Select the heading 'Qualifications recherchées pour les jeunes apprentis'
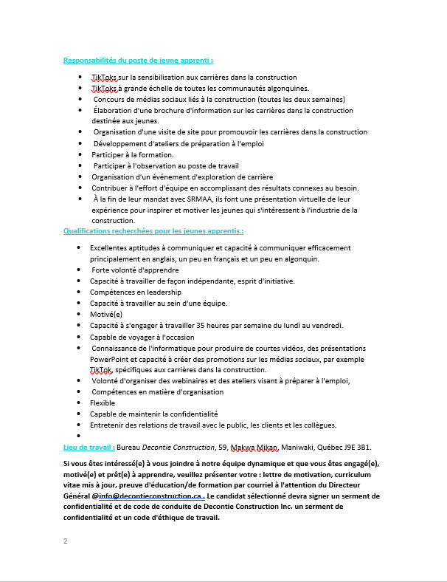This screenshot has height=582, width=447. point(153,231)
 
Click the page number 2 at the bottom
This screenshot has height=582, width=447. point(66,541)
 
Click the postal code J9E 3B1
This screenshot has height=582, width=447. point(355,448)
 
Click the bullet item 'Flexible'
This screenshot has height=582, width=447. point(103,403)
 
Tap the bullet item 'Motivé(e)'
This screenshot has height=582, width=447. point(106,314)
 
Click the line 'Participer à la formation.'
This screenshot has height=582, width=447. point(133,155)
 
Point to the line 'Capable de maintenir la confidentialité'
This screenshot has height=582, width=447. point(154,414)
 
